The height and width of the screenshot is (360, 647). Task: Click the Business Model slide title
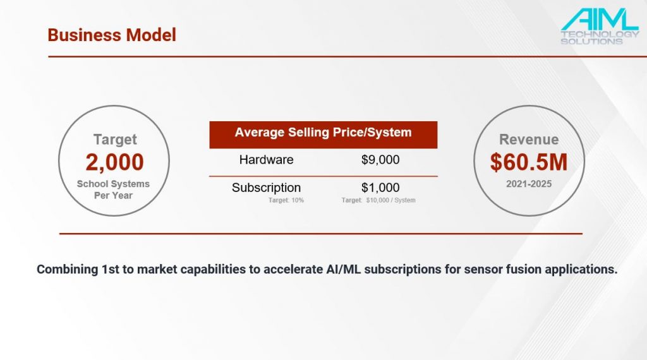coord(112,35)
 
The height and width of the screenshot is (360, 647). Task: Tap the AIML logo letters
coord(600,19)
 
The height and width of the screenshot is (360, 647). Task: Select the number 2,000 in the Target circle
coord(115,162)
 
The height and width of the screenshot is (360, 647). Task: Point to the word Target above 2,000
coord(115,140)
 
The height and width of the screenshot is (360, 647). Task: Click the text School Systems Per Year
coord(114,189)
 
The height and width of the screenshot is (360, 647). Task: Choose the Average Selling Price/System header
coord(323,133)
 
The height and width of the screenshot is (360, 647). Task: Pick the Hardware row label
coord(266,160)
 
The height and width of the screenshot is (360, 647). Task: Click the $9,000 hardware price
coord(380,160)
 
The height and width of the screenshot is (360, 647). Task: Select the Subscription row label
coord(266,188)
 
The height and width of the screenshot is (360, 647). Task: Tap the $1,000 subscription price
coord(380,188)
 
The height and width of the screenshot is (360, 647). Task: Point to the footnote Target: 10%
coord(286,200)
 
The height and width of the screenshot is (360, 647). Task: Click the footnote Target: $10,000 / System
coord(378,200)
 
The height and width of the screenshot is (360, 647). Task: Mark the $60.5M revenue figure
coord(529,162)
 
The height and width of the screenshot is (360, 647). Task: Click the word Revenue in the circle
coord(529,140)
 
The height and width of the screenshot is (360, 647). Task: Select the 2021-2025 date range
coord(529,184)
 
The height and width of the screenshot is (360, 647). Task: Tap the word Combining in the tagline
coord(67,269)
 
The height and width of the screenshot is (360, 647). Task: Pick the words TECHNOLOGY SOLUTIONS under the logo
coord(600,37)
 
